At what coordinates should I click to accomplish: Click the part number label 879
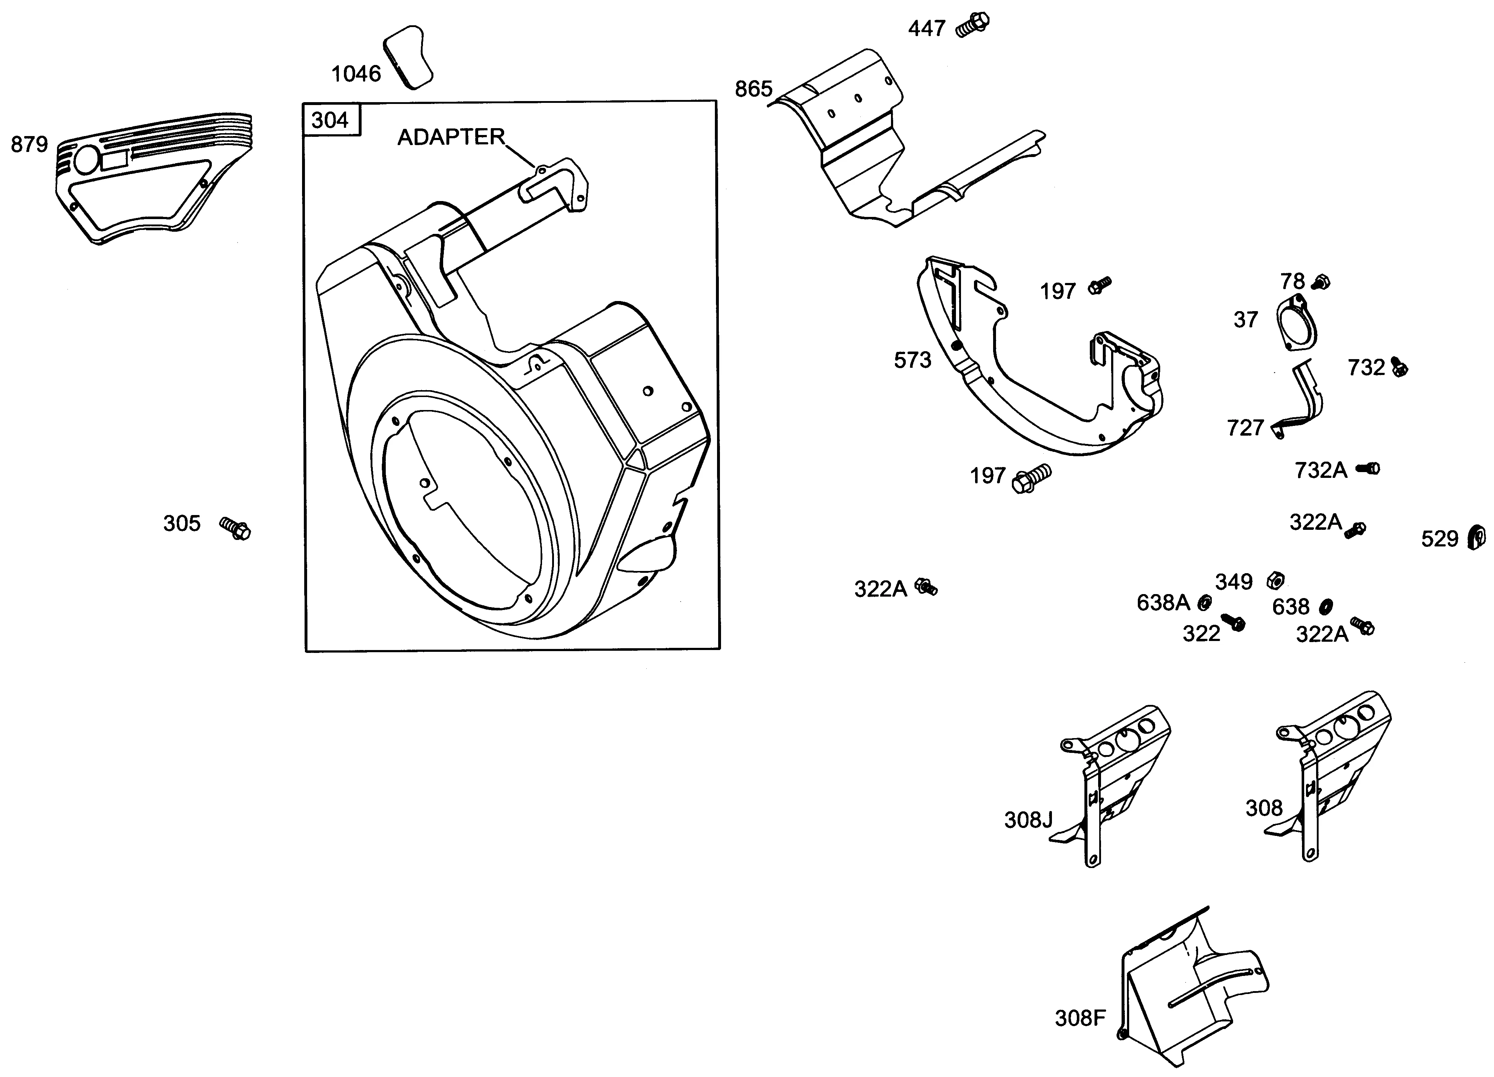tap(30, 144)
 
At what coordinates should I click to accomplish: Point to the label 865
tap(753, 89)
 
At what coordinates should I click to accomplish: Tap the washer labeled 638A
tap(1205, 602)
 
